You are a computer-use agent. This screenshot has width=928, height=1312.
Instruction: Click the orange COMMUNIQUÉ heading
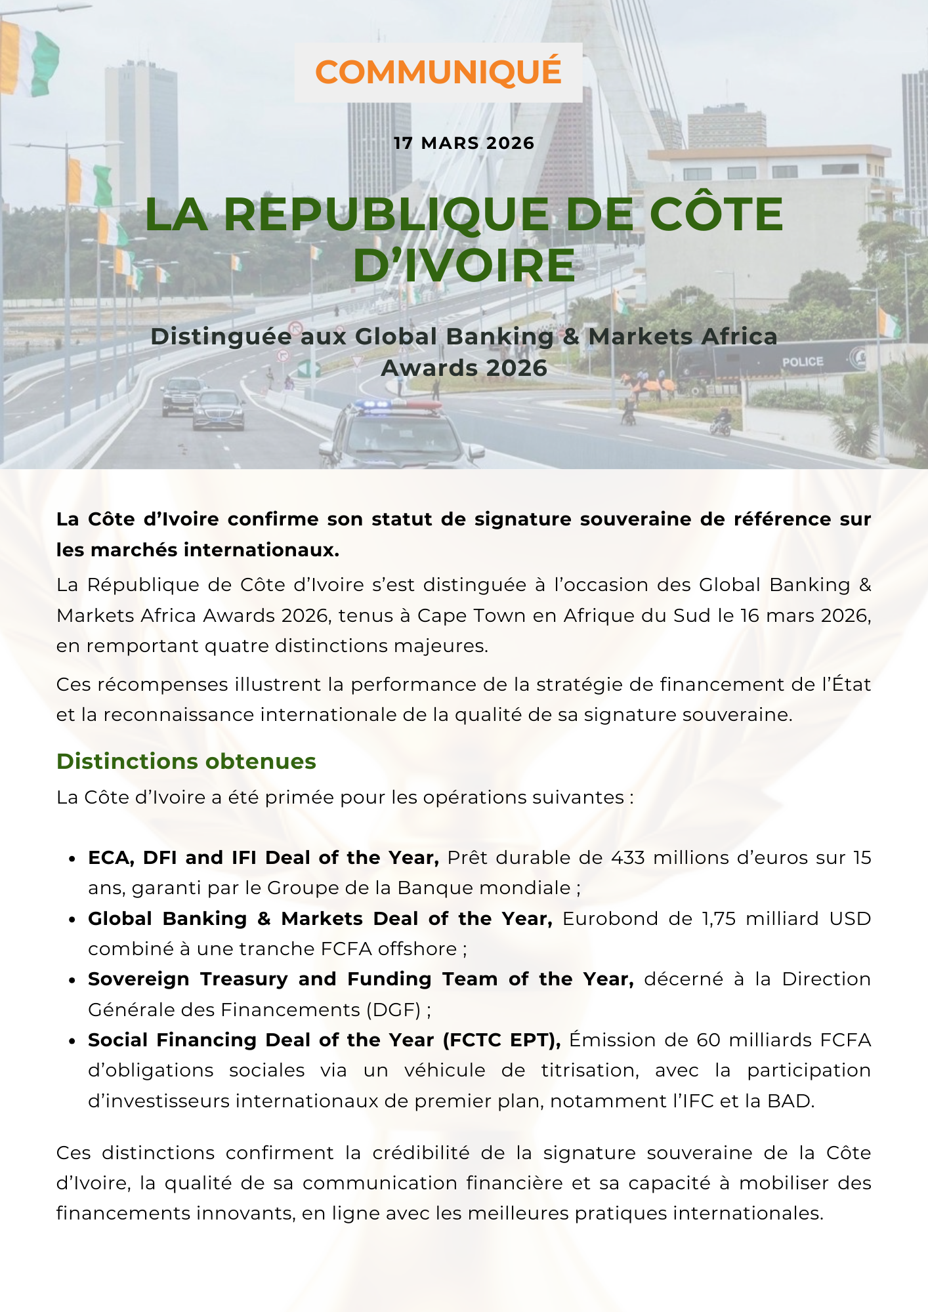pyautogui.click(x=438, y=72)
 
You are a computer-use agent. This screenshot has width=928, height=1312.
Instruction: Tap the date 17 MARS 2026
pyautogui.click(x=464, y=143)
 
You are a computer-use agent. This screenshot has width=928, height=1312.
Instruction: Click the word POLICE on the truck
pyautogui.click(x=802, y=361)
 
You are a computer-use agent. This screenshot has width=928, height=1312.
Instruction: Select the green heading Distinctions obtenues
pyautogui.click(x=186, y=761)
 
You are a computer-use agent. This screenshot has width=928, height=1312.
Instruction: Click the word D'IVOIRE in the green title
pyautogui.click(x=464, y=265)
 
